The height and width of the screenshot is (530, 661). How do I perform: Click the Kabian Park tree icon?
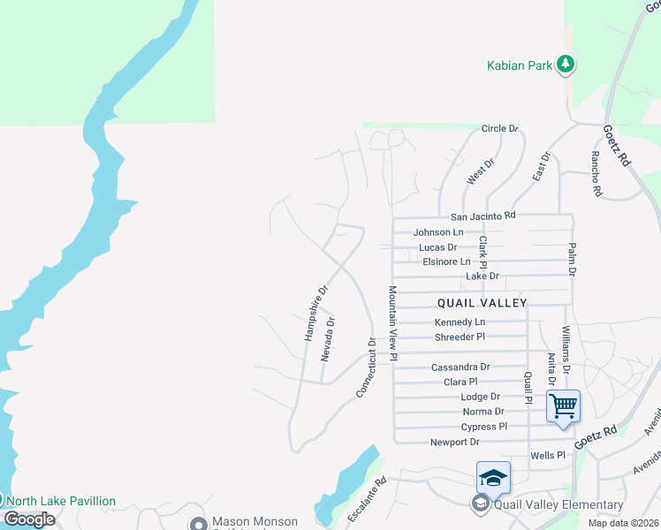[x=566, y=64]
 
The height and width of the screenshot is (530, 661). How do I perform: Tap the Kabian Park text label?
[x=520, y=65]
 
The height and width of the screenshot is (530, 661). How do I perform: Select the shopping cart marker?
[x=563, y=406]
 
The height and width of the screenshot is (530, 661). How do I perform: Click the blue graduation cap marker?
[x=493, y=478]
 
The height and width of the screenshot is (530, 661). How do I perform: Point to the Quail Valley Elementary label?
[x=559, y=505]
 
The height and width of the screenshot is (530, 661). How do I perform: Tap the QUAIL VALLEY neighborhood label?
[x=482, y=303]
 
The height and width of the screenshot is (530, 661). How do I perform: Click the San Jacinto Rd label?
[x=482, y=216]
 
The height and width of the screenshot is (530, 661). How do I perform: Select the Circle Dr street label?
[x=499, y=129]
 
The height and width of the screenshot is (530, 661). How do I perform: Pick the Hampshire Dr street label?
[x=315, y=313]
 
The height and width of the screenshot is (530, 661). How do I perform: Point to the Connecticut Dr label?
[x=367, y=367]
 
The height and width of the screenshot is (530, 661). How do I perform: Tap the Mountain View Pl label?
[x=392, y=322]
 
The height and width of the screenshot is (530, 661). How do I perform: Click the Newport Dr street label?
[x=454, y=442]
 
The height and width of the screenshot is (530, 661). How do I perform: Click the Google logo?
[x=29, y=519]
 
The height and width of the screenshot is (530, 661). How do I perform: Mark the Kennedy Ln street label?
[x=460, y=322]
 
